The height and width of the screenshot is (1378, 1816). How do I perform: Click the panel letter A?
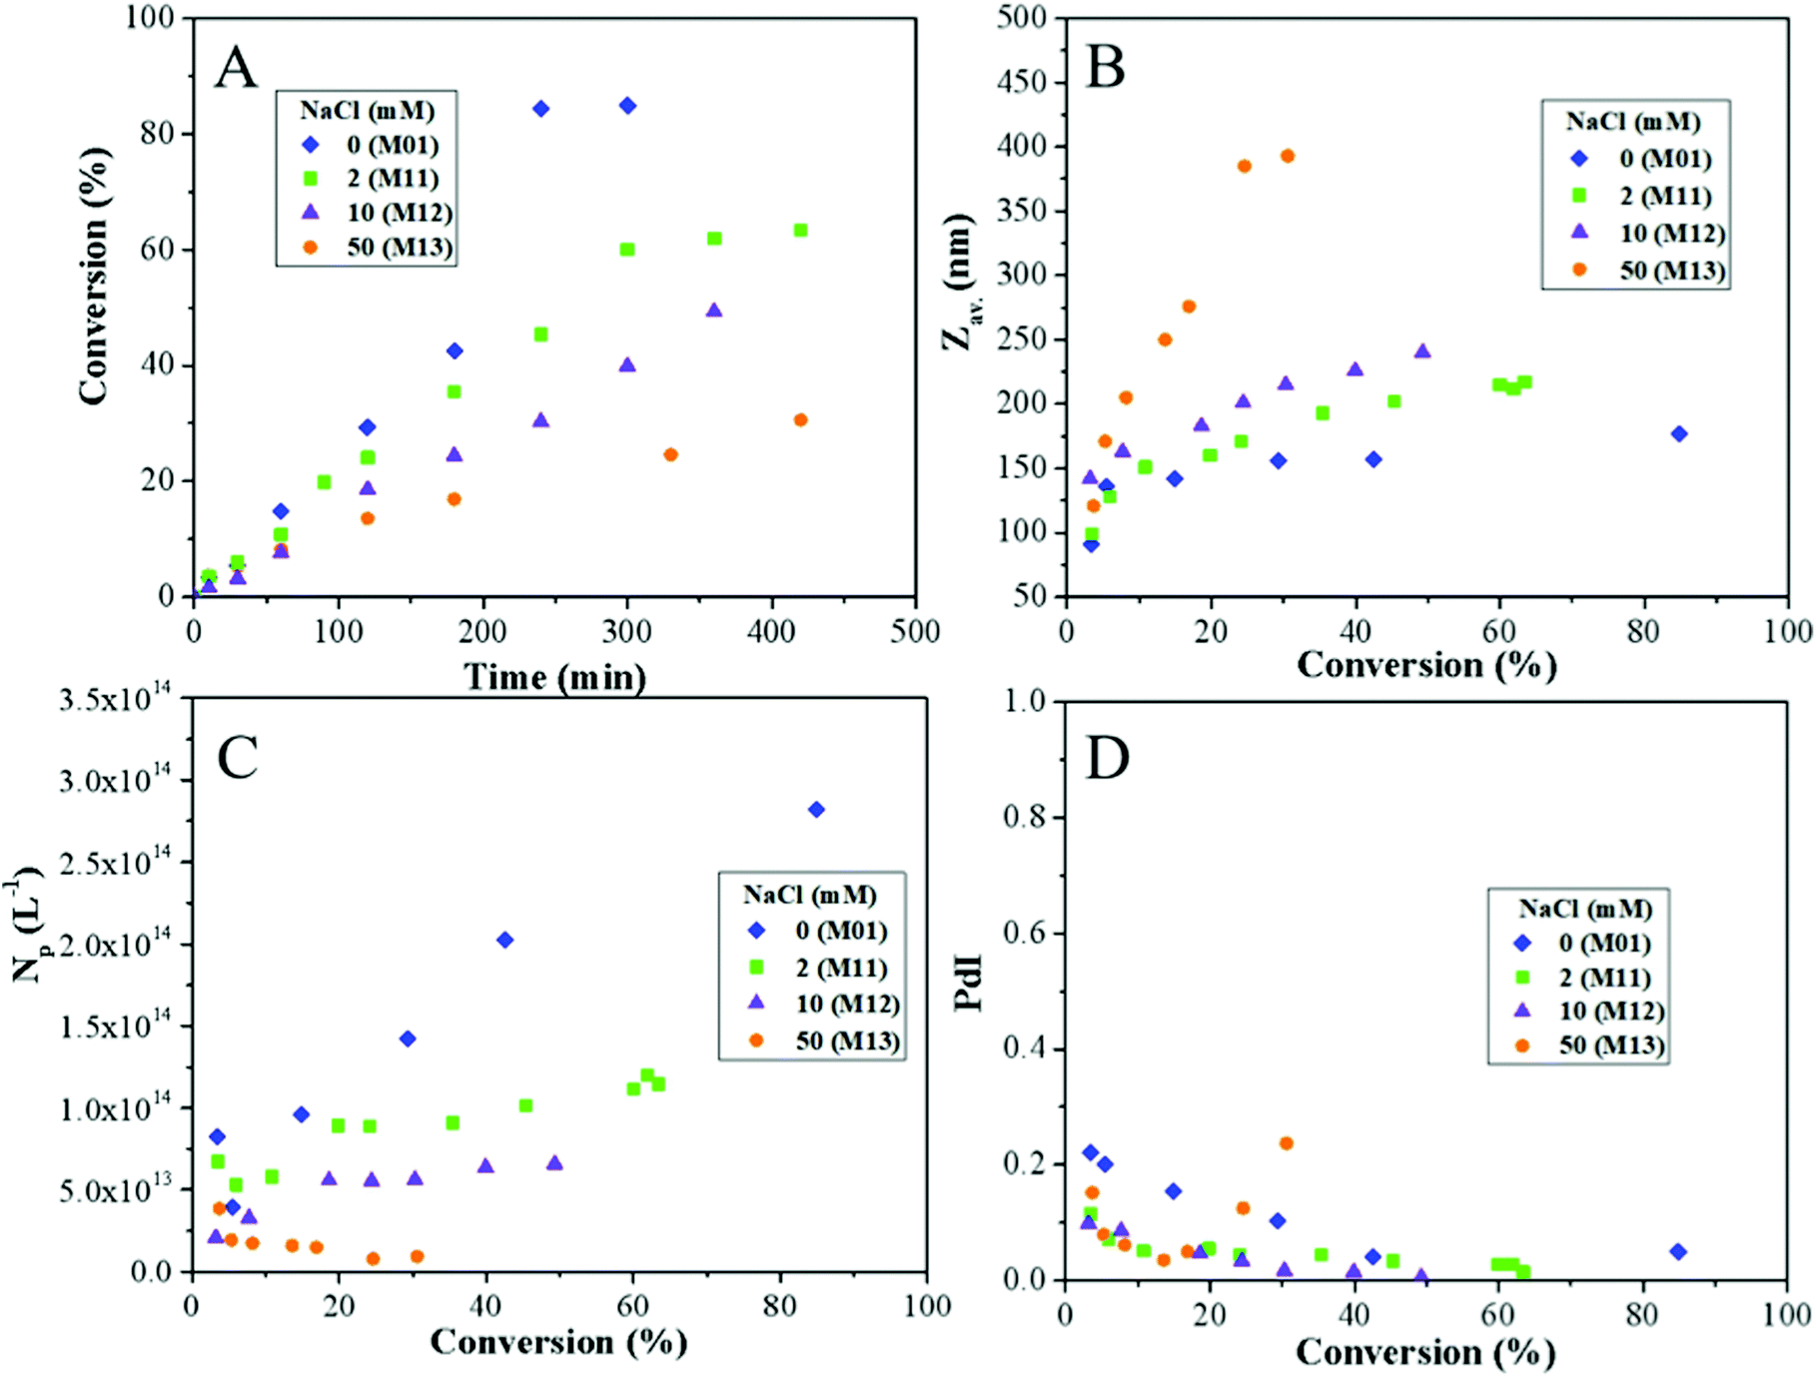click(237, 68)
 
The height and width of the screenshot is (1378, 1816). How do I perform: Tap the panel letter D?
click(1107, 758)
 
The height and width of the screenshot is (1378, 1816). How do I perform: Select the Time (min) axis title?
click(555, 677)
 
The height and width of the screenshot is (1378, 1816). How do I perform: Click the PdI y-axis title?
click(968, 984)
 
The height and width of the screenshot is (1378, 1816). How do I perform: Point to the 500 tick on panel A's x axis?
click(915, 632)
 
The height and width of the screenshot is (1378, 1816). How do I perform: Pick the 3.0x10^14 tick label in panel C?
click(115, 780)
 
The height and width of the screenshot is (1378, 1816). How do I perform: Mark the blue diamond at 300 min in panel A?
click(627, 106)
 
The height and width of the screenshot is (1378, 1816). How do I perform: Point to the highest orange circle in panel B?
click(1288, 156)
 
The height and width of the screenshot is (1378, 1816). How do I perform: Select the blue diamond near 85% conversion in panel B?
click(1679, 433)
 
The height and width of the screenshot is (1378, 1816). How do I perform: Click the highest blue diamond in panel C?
click(816, 810)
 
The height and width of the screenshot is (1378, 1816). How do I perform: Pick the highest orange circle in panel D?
click(1286, 1143)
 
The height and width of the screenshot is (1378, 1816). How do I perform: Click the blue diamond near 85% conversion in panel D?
click(1678, 1252)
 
